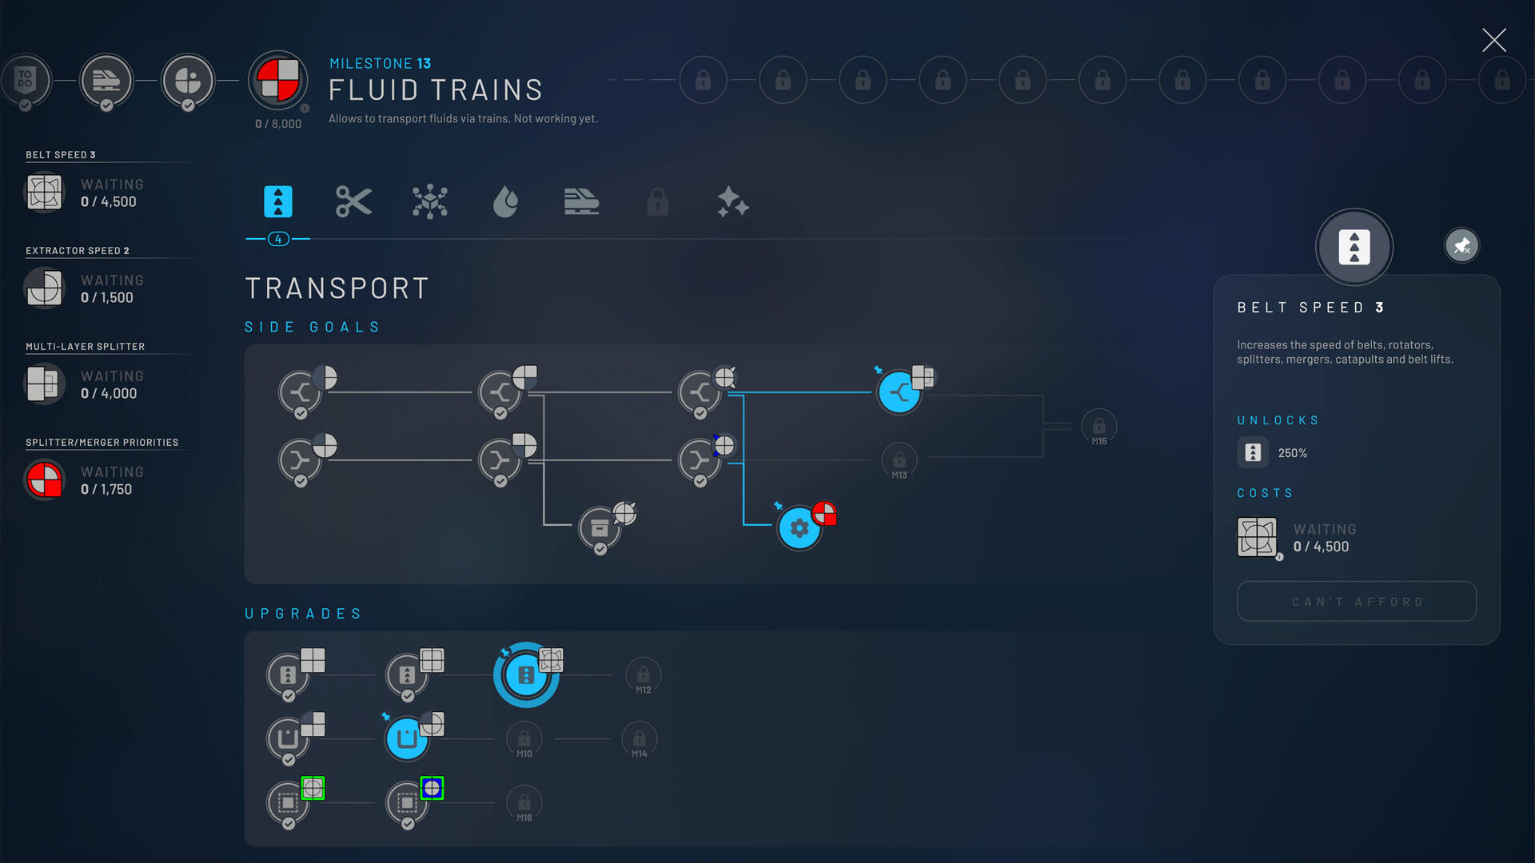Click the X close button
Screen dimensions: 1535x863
tap(1493, 40)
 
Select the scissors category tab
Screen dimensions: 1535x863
tap(353, 201)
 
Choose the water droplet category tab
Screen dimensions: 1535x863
tap(505, 201)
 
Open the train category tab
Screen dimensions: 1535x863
tap(581, 201)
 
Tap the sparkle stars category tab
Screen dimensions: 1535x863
tap(733, 201)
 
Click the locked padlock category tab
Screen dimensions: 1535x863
tap(657, 201)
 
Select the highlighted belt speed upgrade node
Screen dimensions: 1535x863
tap(526, 675)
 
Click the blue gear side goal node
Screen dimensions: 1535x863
tap(799, 527)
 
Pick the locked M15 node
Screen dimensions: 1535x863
tap(1099, 428)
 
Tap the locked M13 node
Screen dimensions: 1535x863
tap(899, 461)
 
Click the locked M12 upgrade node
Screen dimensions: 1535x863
tap(644, 676)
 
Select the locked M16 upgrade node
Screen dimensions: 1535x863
tap(524, 804)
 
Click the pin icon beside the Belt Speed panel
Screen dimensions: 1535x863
tap(1461, 245)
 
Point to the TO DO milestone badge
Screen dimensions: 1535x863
tap(26, 80)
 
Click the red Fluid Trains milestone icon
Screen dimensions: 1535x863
tap(277, 80)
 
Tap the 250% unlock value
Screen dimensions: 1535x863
tap(1292, 453)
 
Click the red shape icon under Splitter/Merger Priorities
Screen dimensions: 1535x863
tap(44, 480)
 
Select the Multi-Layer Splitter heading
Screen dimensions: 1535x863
tap(85, 347)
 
